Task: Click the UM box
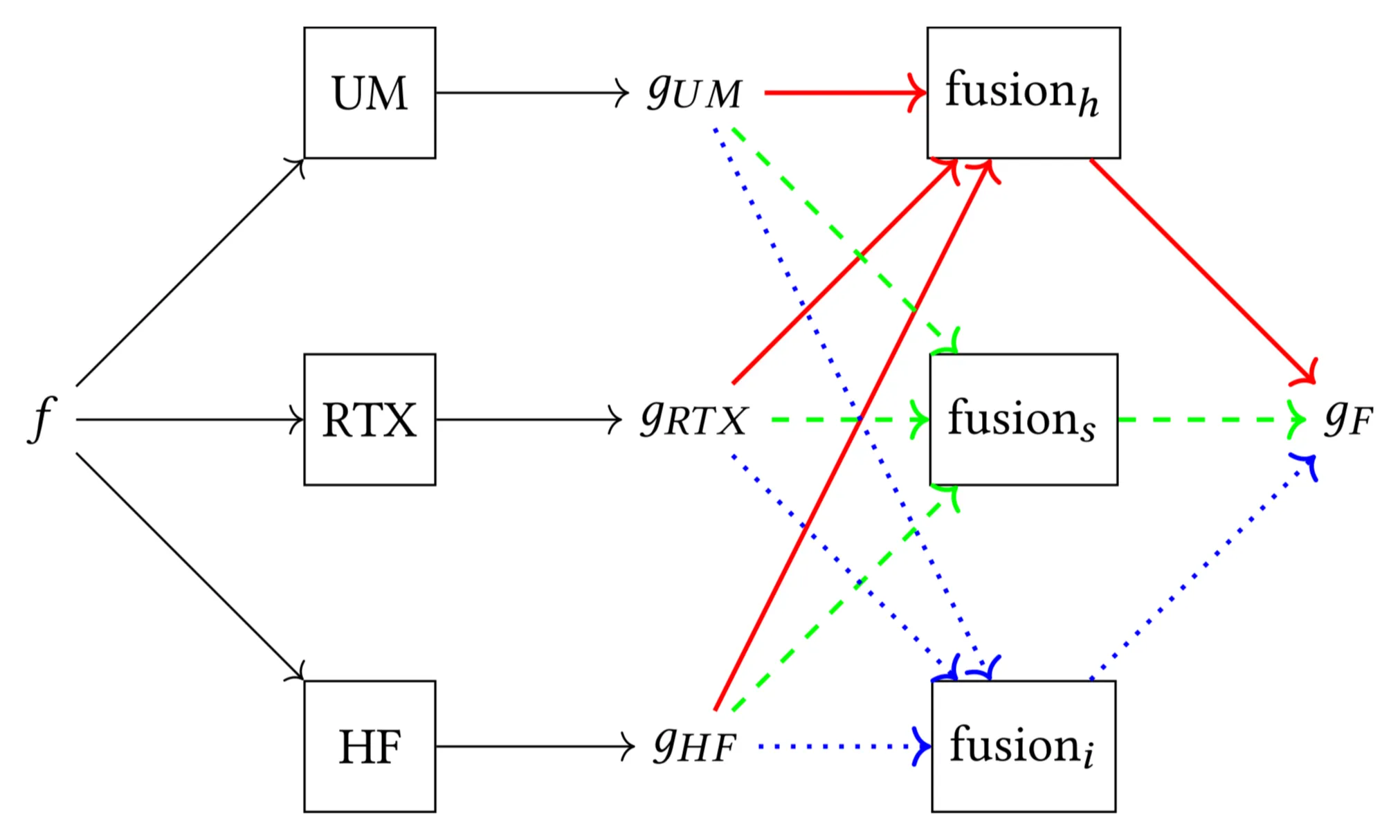[x=370, y=93]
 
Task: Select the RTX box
[x=370, y=419]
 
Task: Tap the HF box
[x=370, y=746]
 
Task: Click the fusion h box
[x=1023, y=93]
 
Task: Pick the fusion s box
[x=1023, y=419]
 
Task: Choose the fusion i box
[x=1023, y=746]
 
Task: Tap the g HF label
[x=695, y=746]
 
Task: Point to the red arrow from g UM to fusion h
[x=844, y=92]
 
